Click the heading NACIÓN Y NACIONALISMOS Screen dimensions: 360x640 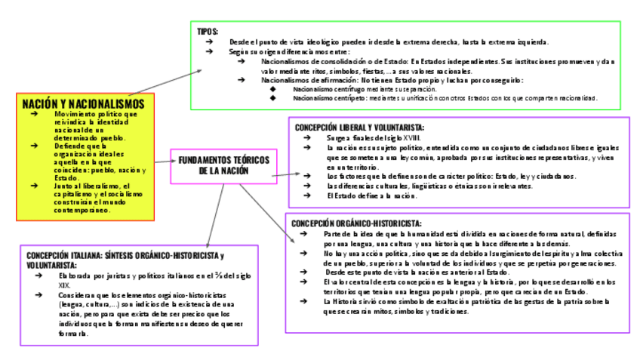point(83,103)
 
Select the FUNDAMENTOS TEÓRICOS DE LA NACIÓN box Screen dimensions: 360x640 point(223,166)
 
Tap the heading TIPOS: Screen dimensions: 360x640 point(208,31)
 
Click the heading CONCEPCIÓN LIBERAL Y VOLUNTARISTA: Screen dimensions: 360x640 point(359,128)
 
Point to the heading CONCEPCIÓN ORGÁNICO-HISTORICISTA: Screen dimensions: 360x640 point(356,223)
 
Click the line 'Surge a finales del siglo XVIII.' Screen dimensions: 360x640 point(373,138)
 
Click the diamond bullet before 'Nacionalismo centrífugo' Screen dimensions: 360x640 point(272,89)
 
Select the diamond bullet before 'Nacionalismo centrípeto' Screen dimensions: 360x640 point(272,98)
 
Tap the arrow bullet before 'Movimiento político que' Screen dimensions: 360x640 point(33,114)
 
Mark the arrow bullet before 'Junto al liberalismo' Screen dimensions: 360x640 point(33,186)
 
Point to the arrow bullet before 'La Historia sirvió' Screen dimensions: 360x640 point(303,301)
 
